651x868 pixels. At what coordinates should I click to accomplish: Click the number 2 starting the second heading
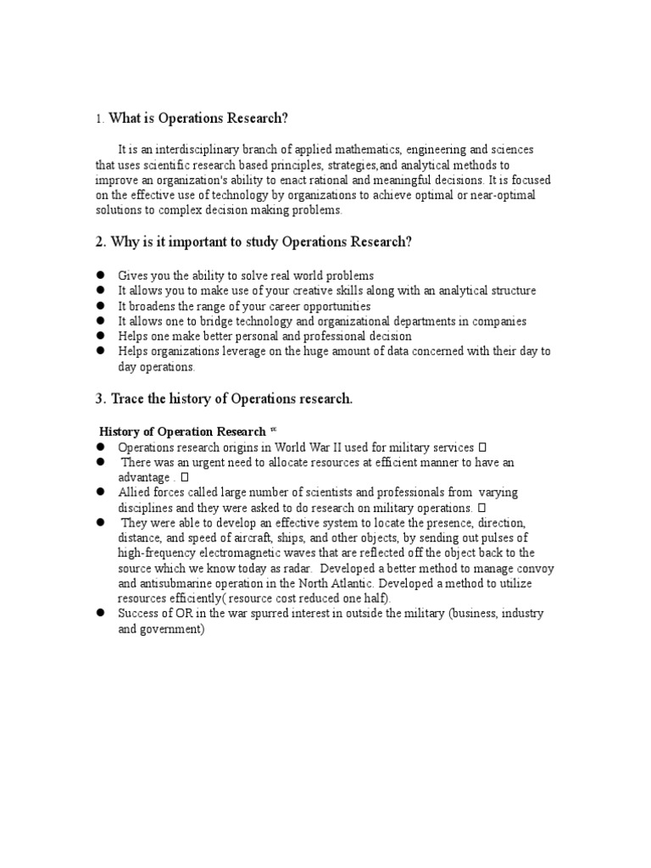[x=99, y=242]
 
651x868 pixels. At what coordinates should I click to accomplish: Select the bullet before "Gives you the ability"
[x=99, y=275]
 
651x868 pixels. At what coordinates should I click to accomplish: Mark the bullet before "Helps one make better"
[x=99, y=337]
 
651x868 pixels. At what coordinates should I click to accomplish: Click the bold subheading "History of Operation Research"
[x=182, y=431]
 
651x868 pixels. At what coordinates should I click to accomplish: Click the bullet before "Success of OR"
[x=99, y=614]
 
